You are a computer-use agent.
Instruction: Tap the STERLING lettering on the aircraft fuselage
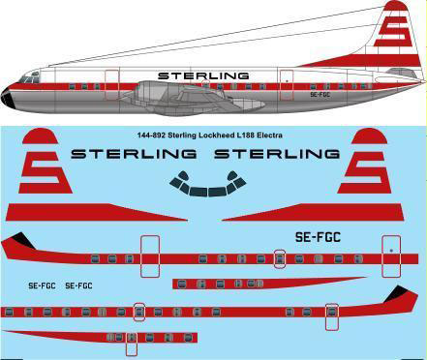coord(202,75)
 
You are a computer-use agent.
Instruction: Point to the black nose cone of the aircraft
coord(8,96)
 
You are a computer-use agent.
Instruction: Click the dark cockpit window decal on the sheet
coord(204,181)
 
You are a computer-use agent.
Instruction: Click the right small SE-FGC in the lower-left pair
coord(78,285)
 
